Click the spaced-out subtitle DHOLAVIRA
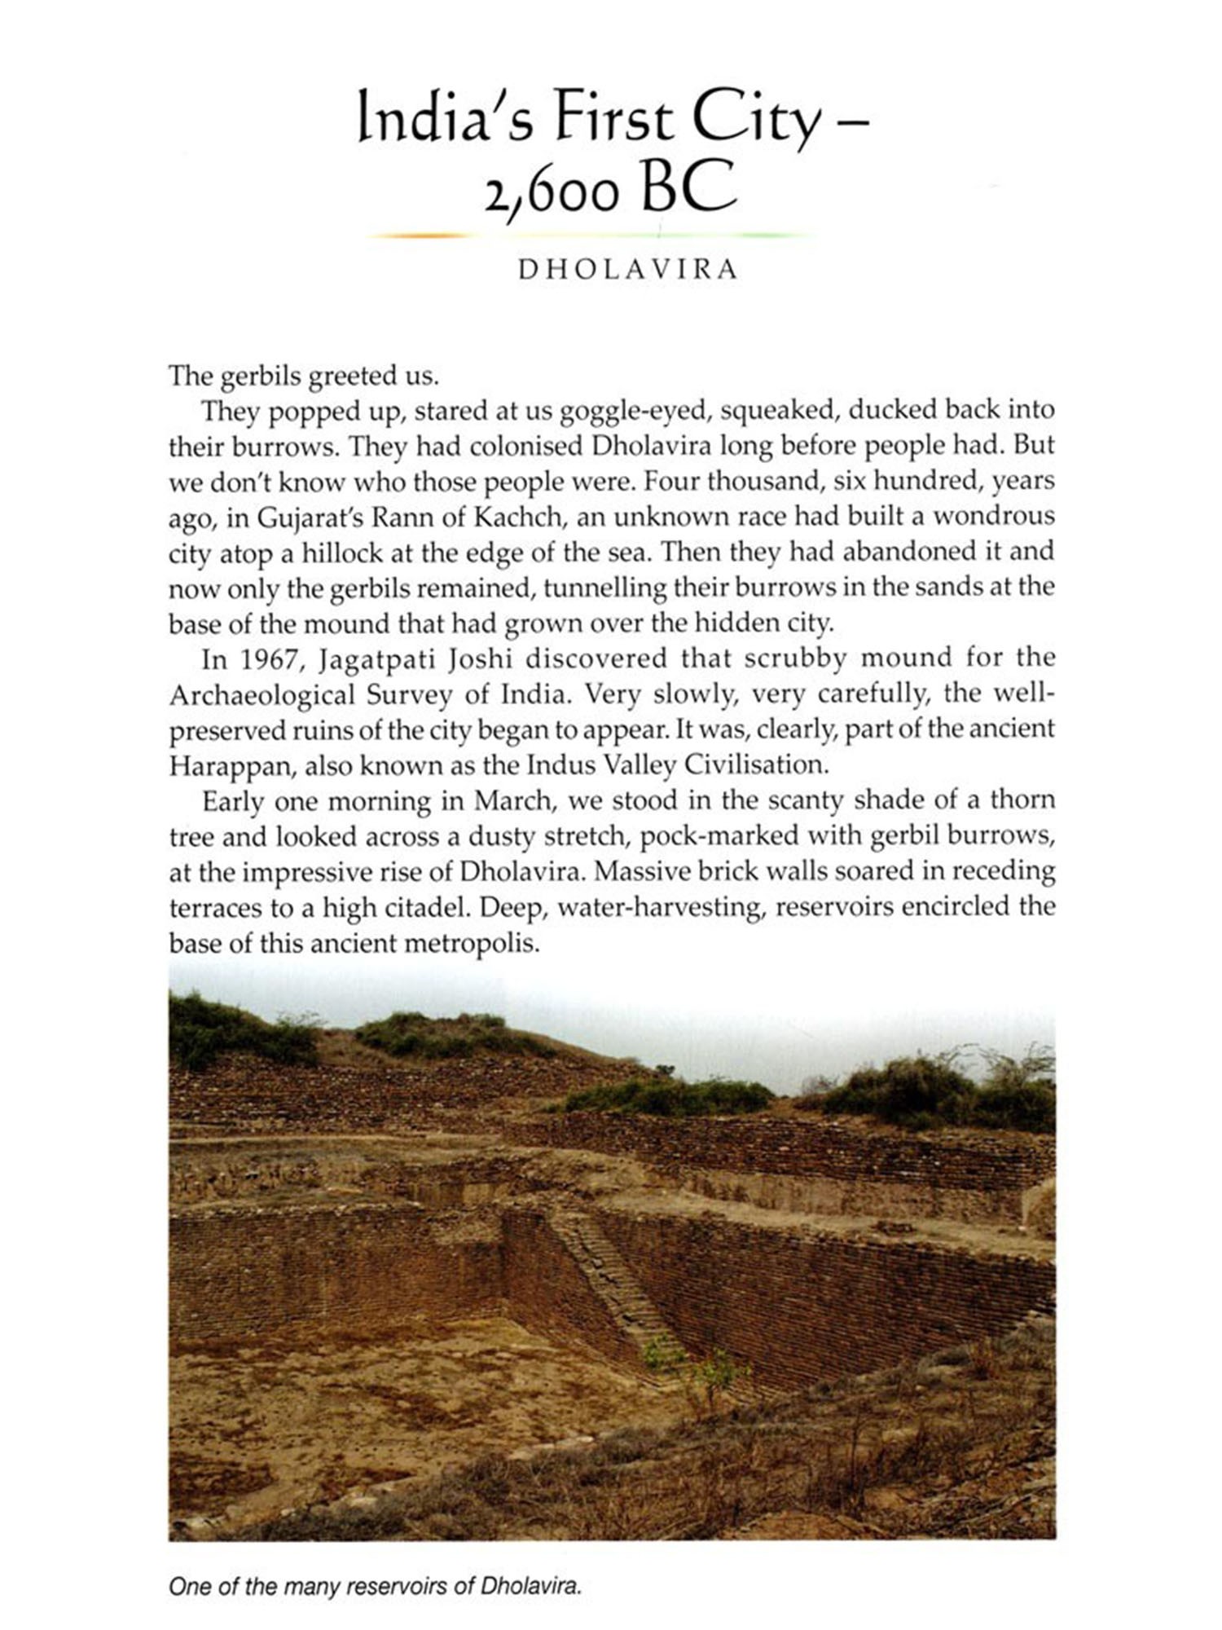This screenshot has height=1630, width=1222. pyautogui.click(x=628, y=270)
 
